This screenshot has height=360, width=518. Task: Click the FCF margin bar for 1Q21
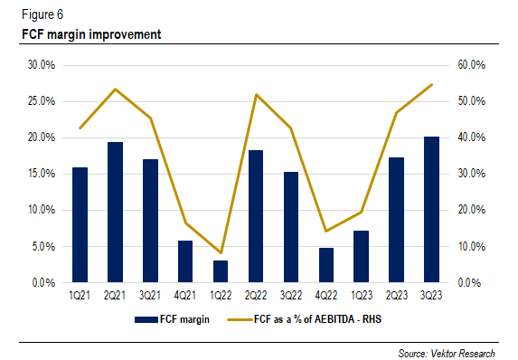80,225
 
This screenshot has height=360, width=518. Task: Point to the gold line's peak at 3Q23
431,84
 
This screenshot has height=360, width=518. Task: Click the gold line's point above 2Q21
115,89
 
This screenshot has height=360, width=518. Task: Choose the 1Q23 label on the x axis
361,295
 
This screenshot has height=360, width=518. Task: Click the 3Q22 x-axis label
290,295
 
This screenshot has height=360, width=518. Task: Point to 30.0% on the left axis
41,65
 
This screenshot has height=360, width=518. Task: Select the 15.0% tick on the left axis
41,174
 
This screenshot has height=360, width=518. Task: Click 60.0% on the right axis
472,65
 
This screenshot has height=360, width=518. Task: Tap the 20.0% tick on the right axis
472,210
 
